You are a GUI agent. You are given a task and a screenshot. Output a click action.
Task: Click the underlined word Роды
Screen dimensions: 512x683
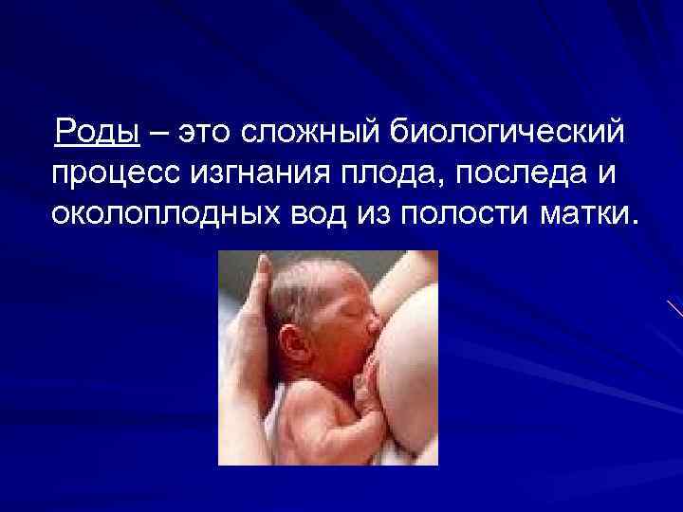pyautogui.click(x=98, y=133)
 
